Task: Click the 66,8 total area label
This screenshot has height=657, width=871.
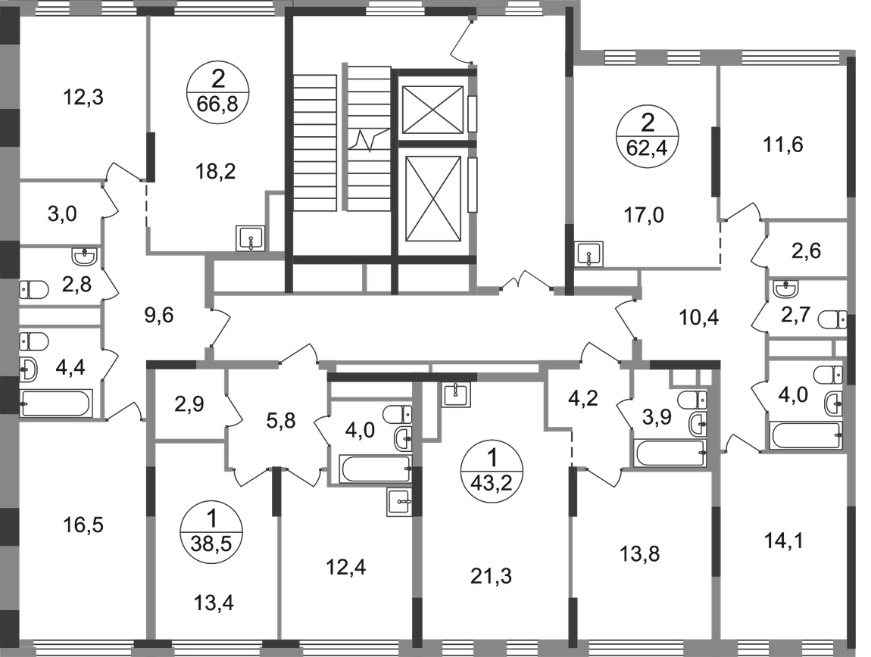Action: tap(217, 104)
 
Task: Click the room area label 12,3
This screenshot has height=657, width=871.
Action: tap(83, 98)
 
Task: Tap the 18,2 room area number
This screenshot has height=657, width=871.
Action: tap(216, 172)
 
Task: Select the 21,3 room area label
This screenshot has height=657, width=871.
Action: tap(491, 577)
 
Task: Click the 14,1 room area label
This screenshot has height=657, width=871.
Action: tap(783, 540)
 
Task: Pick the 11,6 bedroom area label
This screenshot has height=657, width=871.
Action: tap(783, 145)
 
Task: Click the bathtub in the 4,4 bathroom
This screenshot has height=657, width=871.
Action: tap(55, 403)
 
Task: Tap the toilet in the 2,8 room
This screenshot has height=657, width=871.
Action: tap(33, 289)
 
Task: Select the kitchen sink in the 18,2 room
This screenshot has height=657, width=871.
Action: tap(251, 238)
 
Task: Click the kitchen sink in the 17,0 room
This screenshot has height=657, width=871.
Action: tap(588, 255)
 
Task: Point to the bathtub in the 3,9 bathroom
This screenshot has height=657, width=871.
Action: tap(670, 453)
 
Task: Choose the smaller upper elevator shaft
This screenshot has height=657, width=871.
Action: tap(432, 110)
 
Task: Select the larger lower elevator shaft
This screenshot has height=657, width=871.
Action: tap(433, 199)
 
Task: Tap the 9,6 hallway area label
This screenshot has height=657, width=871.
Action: tap(159, 316)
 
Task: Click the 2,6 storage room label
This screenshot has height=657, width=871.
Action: tap(806, 251)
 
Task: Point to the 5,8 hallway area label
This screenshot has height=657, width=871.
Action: tap(281, 420)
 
